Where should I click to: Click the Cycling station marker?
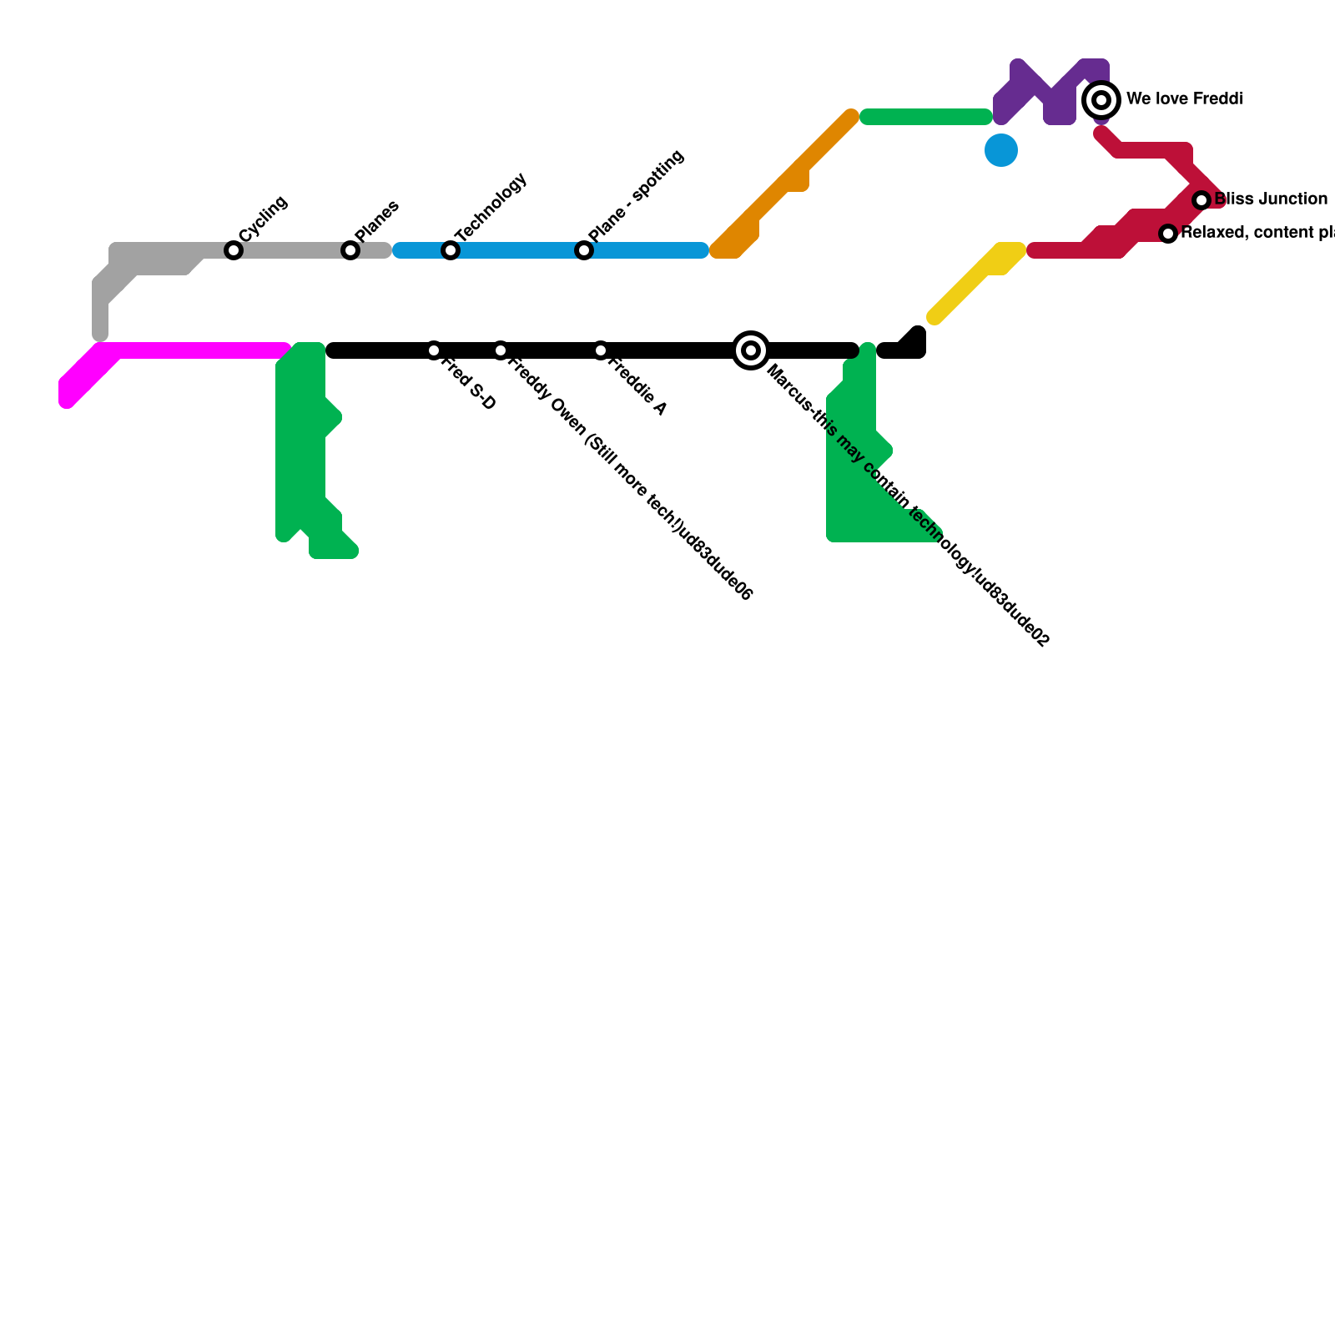pyautogui.click(x=234, y=250)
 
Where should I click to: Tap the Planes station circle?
pyautogui.click(x=350, y=250)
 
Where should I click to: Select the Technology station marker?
pyautogui.click(x=451, y=250)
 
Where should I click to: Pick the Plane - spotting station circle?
pyautogui.click(x=584, y=250)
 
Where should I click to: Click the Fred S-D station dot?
pyautogui.click(x=434, y=350)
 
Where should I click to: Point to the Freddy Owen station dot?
pyautogui.click(x=501, y=350)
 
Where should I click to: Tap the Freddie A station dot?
pyautogui.click(x=601, y=350)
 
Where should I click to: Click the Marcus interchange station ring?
pyautogui.click(x=751, y=350)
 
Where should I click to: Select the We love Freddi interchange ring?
pyautogui.click(x=1101, y=100)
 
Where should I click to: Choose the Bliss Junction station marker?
pyautogui.click(x=1201, y=200)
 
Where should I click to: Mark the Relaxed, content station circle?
pyautogui.click(x=1168, y=234)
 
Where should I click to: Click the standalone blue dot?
pyautogui.click(x=1001, y=150)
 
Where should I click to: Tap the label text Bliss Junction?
pyautogui.click(x=1271, y=199)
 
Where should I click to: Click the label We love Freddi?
pyautogui.click(x=1185, y=99)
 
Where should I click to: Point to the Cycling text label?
pyautogui.click(x=264, y=219)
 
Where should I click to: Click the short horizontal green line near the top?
pyautogui.click(x=926, y=117)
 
